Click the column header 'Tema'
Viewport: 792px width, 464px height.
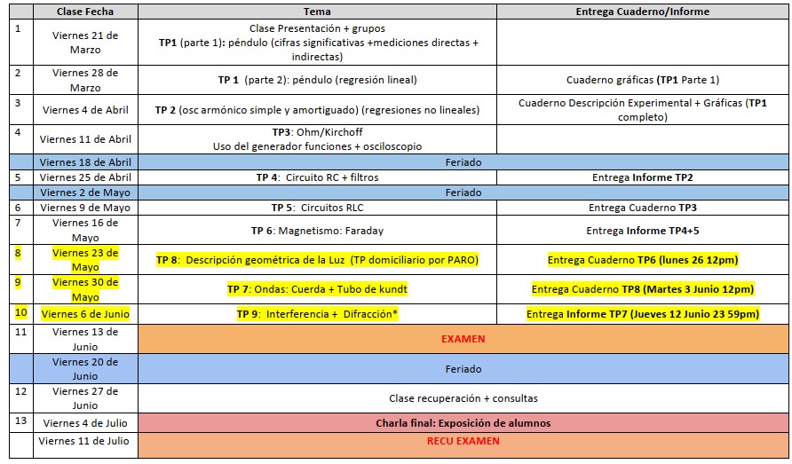(x=317, y=12)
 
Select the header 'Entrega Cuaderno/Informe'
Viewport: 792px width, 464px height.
(x=643, y=12)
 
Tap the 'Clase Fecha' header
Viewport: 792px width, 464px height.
(x=85, y=12)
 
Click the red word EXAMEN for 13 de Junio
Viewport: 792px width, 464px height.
(x=463, y=339)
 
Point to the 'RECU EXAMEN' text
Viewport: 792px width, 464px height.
(x=463, y=441)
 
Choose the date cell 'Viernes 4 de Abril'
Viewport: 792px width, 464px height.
(x=85, y=109)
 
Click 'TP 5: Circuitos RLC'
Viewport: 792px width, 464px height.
(x=317, y=208)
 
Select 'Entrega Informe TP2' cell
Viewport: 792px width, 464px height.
(x=643, y=177)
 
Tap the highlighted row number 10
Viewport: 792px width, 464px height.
(x=20, y=312)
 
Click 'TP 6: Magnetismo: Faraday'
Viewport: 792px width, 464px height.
(x=317, y=231)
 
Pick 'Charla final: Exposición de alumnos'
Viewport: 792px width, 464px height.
(x=463, y=423)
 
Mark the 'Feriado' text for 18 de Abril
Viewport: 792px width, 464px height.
(x=463, y=162)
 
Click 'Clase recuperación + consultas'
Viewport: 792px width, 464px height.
(x=463, y=398)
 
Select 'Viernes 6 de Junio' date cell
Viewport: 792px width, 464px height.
(x=85, y=314)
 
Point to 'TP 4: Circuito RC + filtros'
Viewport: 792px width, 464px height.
(x=317, y=177)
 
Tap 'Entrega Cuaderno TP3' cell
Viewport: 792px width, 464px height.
(x=643, y=208)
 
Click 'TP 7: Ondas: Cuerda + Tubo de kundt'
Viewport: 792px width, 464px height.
(x=317, y=289)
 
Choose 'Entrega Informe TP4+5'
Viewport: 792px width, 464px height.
(x=643, y=231)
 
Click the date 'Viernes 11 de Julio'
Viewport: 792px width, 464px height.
(x=83, y=441)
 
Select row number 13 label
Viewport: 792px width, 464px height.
(x=20, y=421)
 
